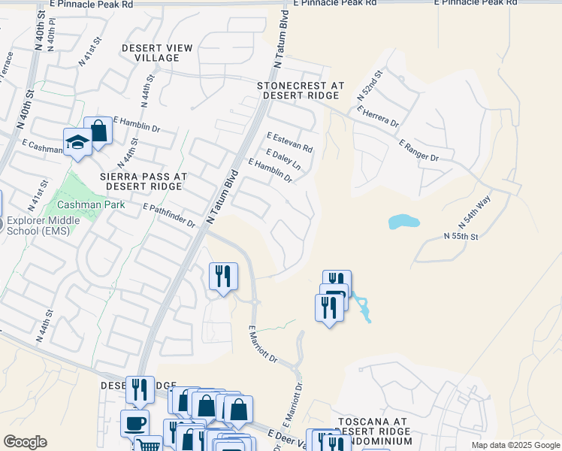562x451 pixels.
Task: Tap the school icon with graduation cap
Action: [77, 143]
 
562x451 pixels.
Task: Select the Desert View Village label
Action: [158, 53]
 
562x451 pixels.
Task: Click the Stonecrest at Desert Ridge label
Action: [301, 91]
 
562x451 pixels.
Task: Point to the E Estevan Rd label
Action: [289, 141]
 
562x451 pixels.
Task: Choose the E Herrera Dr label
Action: [378, 117]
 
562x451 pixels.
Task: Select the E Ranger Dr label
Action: [418, 150]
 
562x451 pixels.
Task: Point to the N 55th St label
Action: [461, 236]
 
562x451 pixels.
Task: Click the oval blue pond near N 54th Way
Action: [403, 222]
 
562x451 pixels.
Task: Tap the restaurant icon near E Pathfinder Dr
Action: [222, 277]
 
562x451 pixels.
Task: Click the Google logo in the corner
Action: [25, 442]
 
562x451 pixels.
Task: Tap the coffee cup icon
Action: [135, 423]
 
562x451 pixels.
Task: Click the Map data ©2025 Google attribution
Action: [515, 445]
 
